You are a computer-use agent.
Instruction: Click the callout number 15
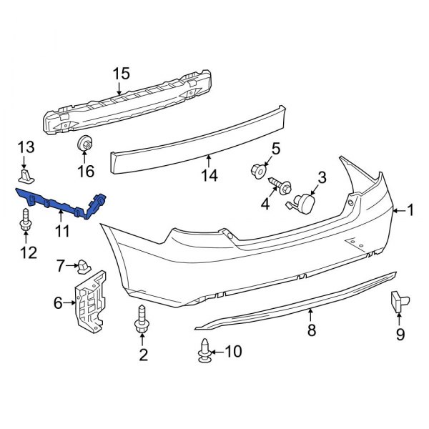(122, 73)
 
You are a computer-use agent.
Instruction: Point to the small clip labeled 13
(26, 175)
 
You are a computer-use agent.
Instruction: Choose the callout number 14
(208, 173)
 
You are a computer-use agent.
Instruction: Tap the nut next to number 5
(257, 171)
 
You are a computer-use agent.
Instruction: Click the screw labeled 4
(279, 187)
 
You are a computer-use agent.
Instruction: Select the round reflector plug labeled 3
(305, 201)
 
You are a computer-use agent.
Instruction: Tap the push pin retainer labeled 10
(204, 350)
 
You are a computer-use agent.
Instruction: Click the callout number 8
(311, 331)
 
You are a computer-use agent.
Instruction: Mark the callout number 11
(62, 230)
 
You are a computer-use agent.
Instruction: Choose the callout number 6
(58, 303)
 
